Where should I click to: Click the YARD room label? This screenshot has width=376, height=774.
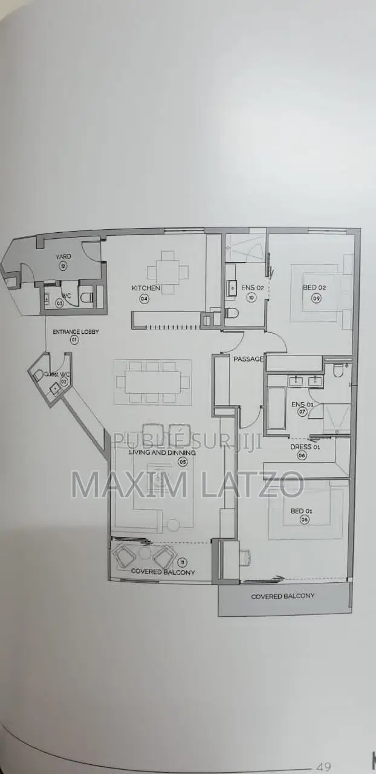click(63, 256)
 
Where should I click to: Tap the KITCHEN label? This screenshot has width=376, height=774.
click(146, 288)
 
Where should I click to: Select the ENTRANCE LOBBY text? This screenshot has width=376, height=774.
click(76, 332)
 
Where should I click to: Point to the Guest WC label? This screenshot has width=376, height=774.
click(57, 375)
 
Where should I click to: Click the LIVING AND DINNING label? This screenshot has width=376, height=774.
click(162, 452)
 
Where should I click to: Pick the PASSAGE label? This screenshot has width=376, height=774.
click(248, 359)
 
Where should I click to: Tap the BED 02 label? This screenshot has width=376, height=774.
click(314, 287)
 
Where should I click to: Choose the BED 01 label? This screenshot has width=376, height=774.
click(302, 511)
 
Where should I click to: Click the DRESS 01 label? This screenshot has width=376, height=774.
click(305, 447)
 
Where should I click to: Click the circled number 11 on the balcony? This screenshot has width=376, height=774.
click(182, 563)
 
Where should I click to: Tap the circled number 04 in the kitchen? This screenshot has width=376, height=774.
click(144, 299)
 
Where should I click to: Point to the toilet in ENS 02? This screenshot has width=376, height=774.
click(232, 313)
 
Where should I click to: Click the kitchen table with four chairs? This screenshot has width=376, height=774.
click(167, 272)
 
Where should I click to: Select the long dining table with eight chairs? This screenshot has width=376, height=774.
click(153, 382)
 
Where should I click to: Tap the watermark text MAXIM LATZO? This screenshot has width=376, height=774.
click(187, 483)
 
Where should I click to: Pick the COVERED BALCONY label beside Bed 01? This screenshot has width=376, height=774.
click(283, 596)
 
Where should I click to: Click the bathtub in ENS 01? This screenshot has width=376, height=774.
click(276, 409)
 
